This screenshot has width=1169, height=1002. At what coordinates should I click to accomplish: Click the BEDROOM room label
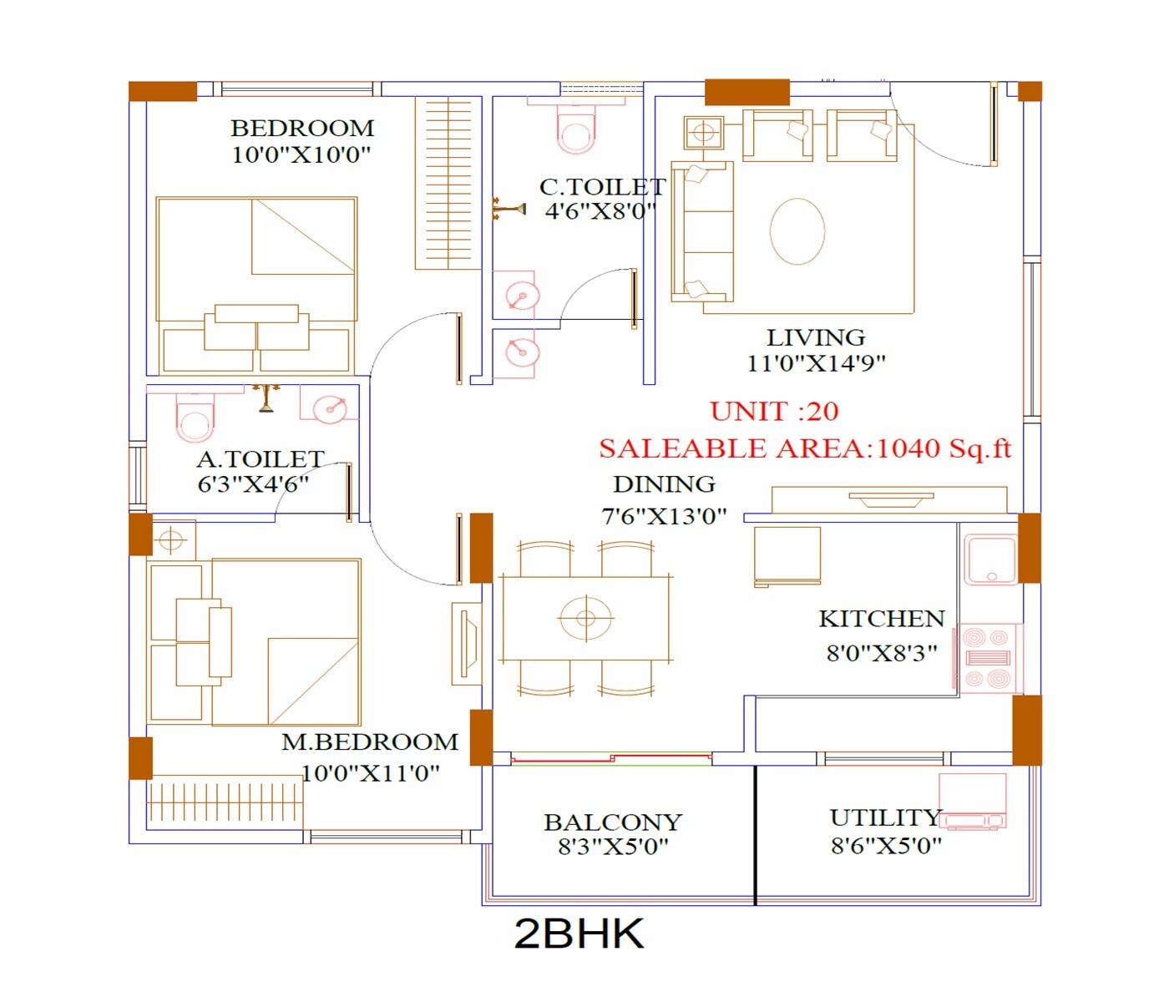[x=302, y=129]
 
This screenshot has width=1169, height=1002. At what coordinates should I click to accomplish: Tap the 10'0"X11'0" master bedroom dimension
[x=370, y=773]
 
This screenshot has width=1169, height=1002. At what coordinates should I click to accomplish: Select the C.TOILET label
[x=602, y=187]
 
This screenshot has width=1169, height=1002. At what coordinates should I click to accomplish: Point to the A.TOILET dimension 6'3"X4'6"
[x=253, y=484]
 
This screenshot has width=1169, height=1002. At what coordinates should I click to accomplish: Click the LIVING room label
[x=816, y=338]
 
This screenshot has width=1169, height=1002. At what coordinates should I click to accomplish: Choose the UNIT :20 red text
[x=774, y=412]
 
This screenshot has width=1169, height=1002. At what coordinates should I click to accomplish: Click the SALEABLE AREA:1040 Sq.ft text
[x=804, y=449]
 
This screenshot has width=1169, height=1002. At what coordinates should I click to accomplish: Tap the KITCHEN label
[x=882, y=619]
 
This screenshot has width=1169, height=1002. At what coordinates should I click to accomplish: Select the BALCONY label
[x=613, y=822]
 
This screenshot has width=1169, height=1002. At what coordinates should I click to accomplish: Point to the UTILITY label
[x=886, y=817]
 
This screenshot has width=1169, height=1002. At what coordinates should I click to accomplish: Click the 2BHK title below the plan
[x=579, y=934]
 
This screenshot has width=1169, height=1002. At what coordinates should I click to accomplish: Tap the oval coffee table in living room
[x=797, y=231]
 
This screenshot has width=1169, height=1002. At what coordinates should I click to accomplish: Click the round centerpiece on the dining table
[x=585, y=619]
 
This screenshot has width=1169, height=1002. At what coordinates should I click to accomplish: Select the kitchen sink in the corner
[x=990, y=559]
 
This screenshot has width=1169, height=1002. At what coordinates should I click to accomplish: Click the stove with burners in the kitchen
[x=989, y=658]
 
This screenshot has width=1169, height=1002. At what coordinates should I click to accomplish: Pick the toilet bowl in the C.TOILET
[x=576, y=130]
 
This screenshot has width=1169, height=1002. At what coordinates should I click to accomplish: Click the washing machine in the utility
[x=972, y=800]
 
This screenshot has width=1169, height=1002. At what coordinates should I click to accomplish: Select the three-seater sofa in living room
[x=702, y=231]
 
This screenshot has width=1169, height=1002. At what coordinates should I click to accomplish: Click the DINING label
[x=664, y=485]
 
